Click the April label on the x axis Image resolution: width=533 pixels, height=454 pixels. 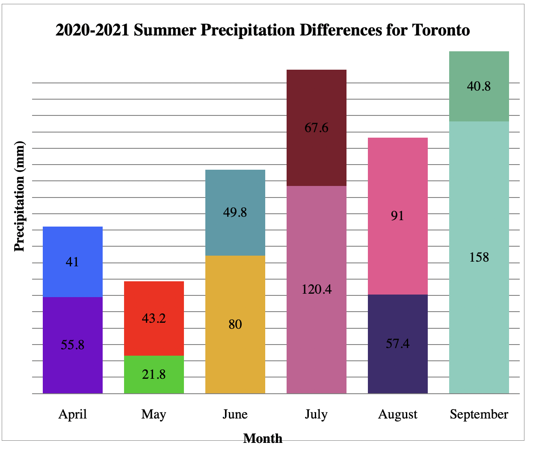point(73,414)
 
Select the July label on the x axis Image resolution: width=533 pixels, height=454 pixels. point(316,414)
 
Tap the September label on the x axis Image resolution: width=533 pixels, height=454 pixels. point(479,414)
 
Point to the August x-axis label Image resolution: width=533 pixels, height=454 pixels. point(398,414)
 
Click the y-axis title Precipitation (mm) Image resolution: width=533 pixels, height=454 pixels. point(20,197)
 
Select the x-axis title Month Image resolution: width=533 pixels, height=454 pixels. point(263,438)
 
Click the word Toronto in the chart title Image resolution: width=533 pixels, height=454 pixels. point(441,30)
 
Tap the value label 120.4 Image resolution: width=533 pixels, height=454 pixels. point(317,289)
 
